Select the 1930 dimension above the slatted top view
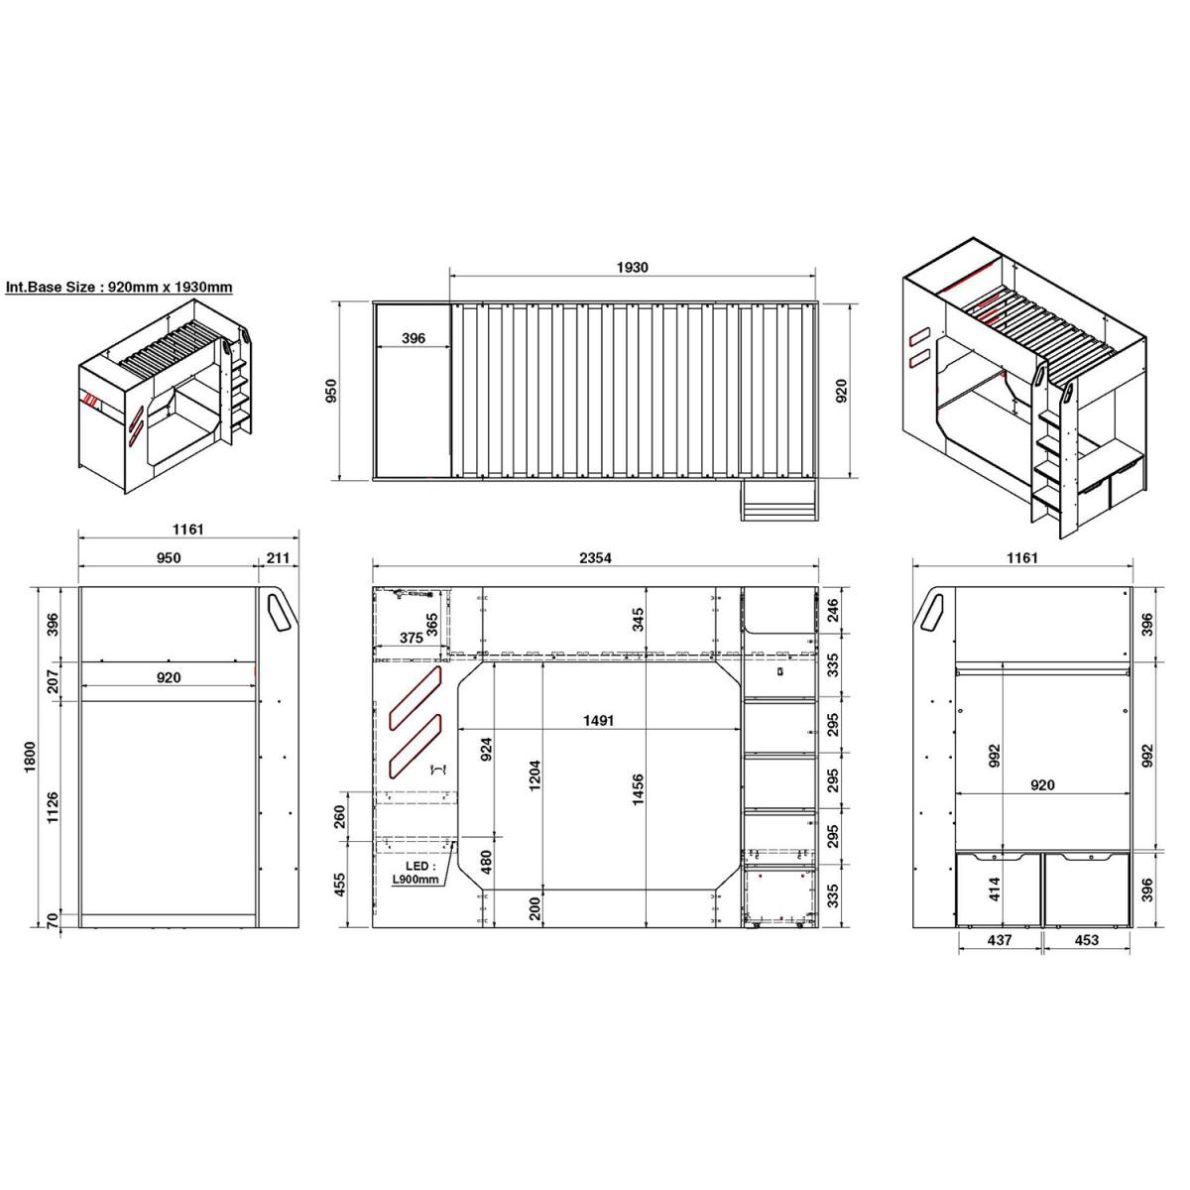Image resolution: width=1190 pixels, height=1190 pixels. coord(633,268)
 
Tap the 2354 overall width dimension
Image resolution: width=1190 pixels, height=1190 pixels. coord(595,558)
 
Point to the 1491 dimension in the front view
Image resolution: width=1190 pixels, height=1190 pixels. coord(598,721)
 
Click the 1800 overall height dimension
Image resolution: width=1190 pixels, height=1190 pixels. coord(31,757)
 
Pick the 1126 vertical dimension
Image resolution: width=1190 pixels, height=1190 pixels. coord(54,806)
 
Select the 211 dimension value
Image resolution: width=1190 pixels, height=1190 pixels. coord(278,558)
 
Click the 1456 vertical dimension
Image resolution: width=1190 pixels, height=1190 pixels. coord(639,789)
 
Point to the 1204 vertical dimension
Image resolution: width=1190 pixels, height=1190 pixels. coord(535,775)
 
